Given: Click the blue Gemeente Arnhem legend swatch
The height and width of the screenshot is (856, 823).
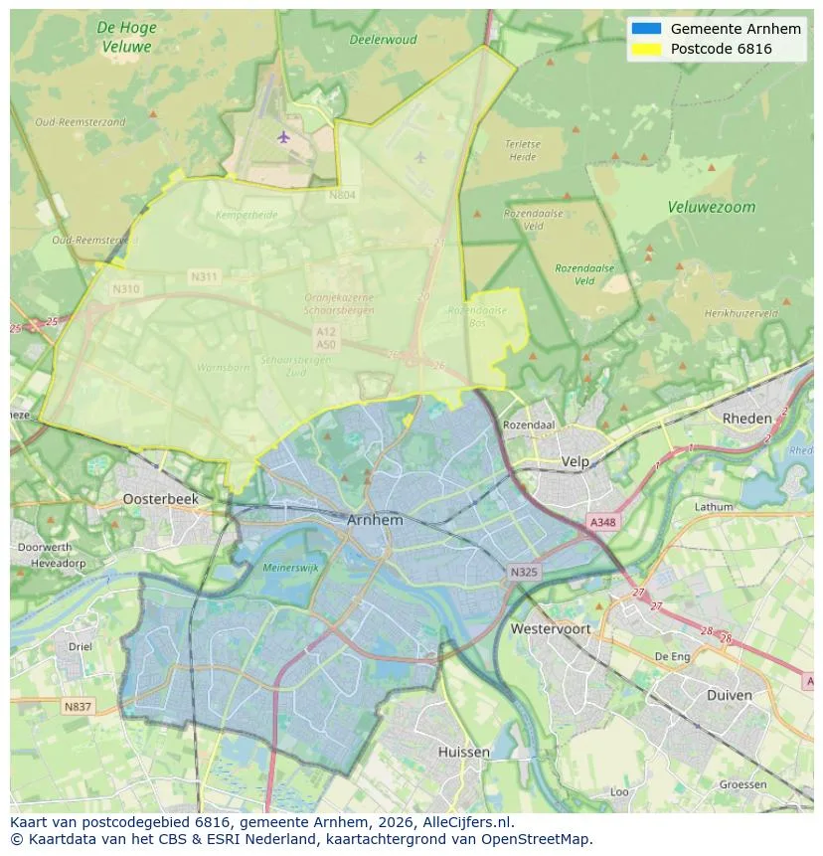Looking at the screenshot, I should [x=646, y=29].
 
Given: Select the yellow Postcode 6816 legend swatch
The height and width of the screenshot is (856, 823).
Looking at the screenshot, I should [x=646, y=49].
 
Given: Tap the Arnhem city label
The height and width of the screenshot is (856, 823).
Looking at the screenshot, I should [x=376, y=520].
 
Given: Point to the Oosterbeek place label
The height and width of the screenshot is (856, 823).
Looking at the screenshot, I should [x=161, y=499].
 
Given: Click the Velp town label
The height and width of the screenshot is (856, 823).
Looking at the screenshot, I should [x=576, y=462].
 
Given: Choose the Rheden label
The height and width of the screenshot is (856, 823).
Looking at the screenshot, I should [x=747, y=419].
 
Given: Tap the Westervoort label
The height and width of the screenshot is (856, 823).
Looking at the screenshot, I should [x=551, y=629].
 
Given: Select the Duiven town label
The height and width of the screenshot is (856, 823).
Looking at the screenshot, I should [x=730, y=695].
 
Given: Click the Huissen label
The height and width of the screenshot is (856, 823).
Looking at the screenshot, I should [x=464, y=753].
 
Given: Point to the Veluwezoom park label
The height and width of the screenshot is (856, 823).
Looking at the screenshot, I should [x=711, y=208].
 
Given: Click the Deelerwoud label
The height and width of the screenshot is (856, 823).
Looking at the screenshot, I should [x=383, y=41].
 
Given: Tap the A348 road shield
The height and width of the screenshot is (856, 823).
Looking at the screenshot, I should [x=602, y=522].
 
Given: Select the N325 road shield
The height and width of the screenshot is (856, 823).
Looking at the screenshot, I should [x=524, y=573].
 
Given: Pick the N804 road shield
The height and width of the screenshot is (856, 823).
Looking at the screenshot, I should [x=342, y=196].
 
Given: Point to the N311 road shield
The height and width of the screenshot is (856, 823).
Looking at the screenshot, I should [x=205, y=276].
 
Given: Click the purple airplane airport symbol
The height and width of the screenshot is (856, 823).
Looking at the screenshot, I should [x=285, y=136].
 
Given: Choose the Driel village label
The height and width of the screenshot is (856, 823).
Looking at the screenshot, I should [x=81, y=646].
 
